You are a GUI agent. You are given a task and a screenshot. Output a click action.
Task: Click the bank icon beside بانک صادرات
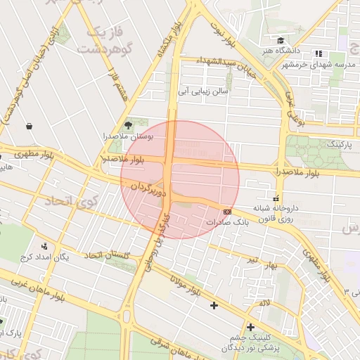tap(227, 211)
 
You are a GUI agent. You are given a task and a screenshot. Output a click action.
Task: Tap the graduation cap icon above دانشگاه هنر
tap(281, 41)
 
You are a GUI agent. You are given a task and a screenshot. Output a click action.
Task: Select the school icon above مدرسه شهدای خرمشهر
tap(319, 53)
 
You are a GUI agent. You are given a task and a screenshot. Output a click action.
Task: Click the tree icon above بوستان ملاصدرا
tap(127, 124)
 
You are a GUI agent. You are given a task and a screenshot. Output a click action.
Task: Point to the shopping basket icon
tap(29, 127)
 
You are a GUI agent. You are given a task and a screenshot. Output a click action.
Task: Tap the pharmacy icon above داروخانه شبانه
tap(275, 198)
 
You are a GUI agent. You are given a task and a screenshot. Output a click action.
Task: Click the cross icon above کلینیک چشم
tap(250, 327)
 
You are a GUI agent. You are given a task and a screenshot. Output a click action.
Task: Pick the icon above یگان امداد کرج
tap(46, 246)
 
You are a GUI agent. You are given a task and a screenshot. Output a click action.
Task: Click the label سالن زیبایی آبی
tap(202, 91)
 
